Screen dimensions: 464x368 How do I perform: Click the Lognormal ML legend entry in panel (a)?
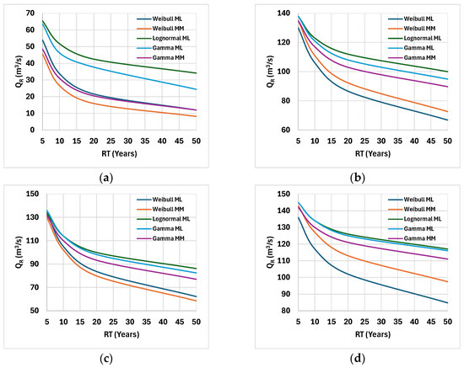point(164,39)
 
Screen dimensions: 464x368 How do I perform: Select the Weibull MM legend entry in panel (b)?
point(412,29)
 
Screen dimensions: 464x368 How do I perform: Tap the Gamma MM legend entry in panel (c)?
point(160,238)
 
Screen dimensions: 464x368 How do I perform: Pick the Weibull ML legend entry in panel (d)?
point(411,200)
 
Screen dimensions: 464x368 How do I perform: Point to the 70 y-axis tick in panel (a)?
point(30,13)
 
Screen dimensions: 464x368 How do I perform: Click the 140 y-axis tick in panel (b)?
point(284,13)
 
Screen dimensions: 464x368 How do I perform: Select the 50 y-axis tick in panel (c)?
point(35,311)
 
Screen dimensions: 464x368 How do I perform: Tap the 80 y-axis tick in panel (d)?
point(287,311)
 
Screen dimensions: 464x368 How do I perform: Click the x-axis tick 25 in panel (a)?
point(111,141)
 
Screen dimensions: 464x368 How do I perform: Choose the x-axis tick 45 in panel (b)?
point(431,141)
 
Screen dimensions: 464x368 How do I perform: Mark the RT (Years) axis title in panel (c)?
point(121,334)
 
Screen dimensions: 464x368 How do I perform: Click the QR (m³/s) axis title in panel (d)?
point(270,252)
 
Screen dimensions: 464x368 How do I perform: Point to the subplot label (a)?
point(106,178)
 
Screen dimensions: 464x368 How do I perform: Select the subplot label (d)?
point(358,359)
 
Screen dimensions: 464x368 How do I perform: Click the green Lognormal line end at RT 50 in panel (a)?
point(197,73)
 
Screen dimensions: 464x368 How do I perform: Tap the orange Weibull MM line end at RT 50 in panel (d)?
point(447,282)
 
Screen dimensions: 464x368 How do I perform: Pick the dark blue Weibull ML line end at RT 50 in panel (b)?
point(447,120)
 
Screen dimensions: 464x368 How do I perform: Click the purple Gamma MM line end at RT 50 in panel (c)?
point(197,279)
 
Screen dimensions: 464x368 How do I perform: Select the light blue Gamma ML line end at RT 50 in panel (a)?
point(197,89)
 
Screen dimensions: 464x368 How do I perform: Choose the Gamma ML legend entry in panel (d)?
point(411,228)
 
